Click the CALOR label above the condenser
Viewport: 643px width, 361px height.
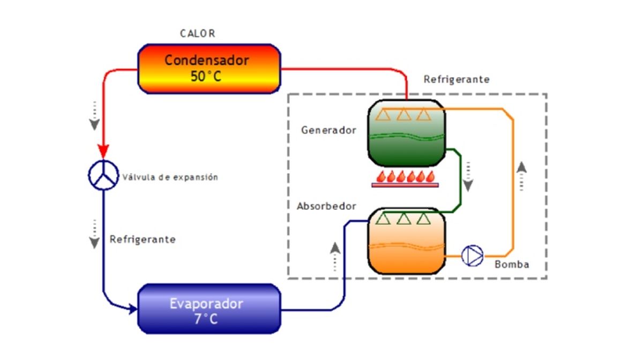coord(197,33)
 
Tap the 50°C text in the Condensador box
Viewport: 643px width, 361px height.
coord(206,76)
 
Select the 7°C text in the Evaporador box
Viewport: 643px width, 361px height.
coord(206,320)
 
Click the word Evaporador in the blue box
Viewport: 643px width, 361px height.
coord(206,304)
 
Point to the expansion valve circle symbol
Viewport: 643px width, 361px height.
coord(102,175)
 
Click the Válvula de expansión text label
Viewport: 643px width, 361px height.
coord(170,177)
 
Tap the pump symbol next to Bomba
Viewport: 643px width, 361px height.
coord(472,255)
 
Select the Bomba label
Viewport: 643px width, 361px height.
coord(512,265)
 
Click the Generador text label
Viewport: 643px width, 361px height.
coord(328,130)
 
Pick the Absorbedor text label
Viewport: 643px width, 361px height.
coord(326,206)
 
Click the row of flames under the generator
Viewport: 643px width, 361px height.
coord(405,177)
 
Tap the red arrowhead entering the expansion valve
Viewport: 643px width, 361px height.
coord(102,151)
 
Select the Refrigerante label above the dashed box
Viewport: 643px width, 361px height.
coord(457,79)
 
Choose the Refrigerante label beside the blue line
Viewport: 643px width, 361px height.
coord(143,239)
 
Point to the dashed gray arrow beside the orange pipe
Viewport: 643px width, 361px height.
coord(522,176)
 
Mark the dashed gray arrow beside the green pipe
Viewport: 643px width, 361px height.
coord(468,176)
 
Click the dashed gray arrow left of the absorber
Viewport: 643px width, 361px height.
coord(335,255)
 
